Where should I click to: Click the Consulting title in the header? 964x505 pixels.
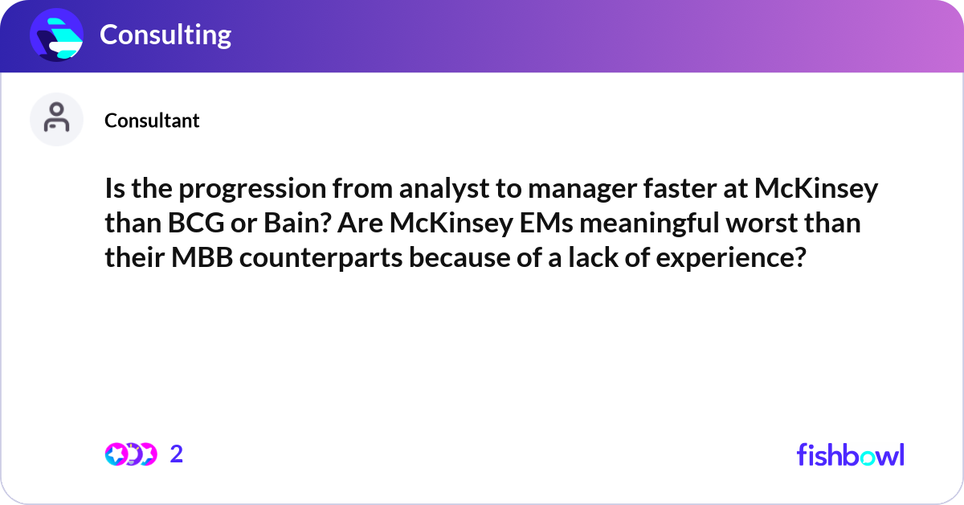click(x=165, y=35)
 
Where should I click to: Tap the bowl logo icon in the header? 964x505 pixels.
click(x=57, y=35)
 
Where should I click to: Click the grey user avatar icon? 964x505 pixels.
click(x=56, y=119)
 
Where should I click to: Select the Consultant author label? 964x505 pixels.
click(x=152, y=121)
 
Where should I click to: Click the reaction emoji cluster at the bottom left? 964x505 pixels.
click(x=130, y=454)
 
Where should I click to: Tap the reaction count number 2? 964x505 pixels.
click(x=177, y=454)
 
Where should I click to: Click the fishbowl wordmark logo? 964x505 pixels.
click(x=850, y=454)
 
